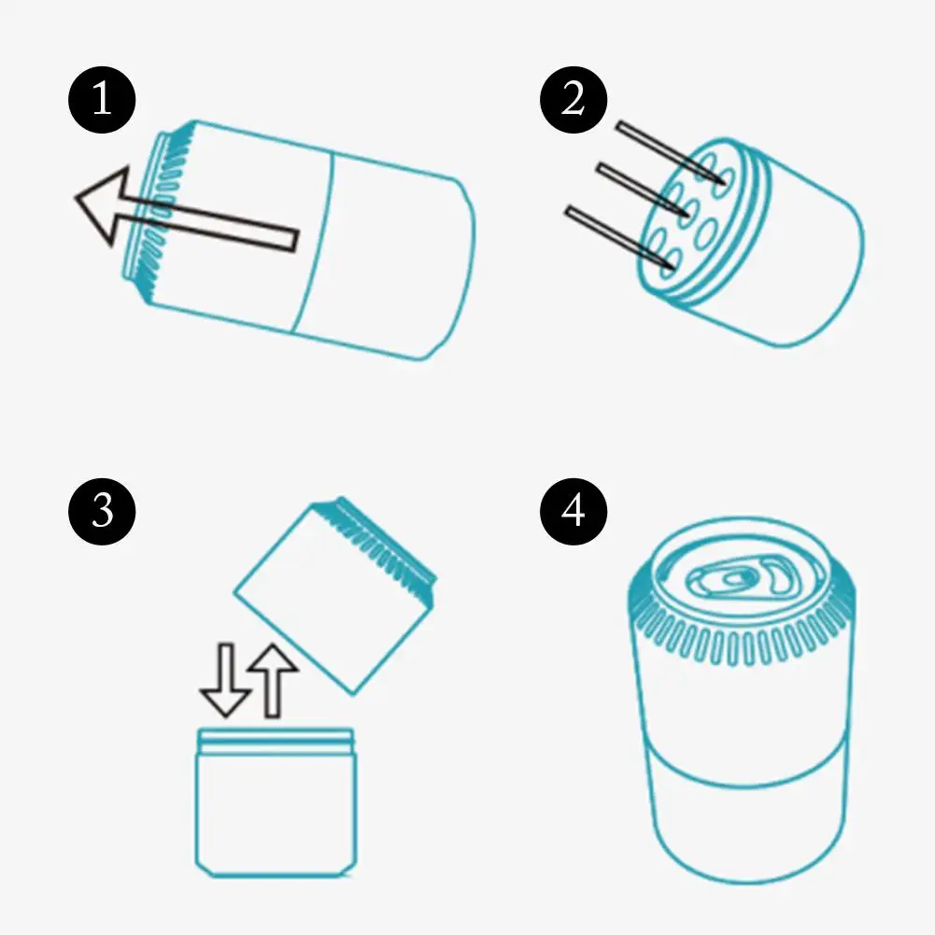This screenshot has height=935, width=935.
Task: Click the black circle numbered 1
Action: pos(102,100)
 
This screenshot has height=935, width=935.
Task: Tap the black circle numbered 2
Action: pos(573,100)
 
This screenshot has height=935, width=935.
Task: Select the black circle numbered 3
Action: pos(102,511)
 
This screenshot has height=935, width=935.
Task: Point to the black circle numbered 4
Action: pos(573,511)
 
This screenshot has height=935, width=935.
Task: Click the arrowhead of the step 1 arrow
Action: pos(102,204)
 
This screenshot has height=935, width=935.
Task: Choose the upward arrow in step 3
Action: pos(273,680)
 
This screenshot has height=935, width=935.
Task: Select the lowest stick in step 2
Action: pos(620,236)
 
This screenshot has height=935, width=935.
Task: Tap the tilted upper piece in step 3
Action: pos(335,595)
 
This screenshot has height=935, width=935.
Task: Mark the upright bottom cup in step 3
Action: pos(276,802)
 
